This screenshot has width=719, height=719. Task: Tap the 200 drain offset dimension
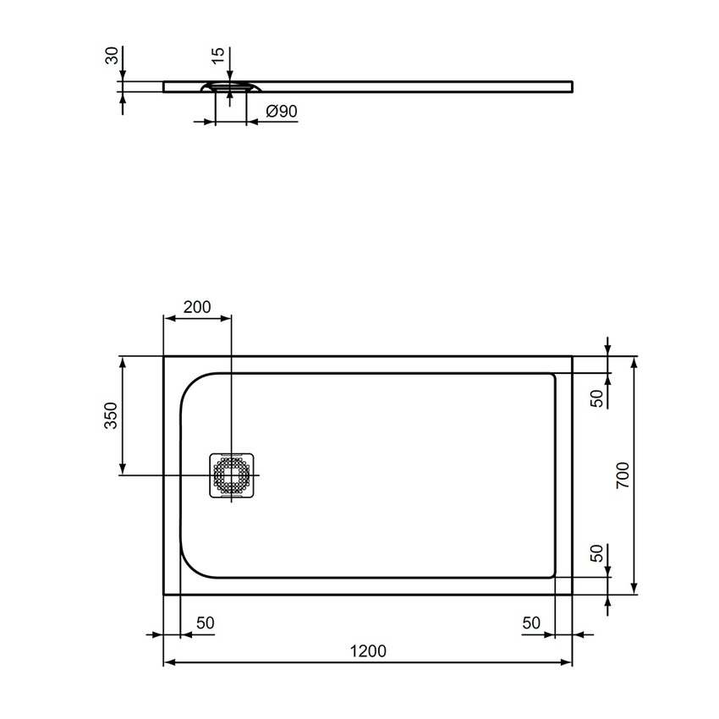pyautogui.click(x=196, y=307)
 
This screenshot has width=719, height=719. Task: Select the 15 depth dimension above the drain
pyautogui.click(x=218, y=56)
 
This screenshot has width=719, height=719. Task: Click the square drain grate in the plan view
pyautogui.click(x=231, y=475)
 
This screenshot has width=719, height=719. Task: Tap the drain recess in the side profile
pyautogui.click(x=231, y=86)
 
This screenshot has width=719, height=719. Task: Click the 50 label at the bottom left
pyautogui.click(x=205, y=623)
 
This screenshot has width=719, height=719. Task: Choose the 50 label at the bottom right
pyautogui.click(x=530, y=623)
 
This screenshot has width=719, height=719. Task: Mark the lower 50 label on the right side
pyautogui.click(x=596, y=554)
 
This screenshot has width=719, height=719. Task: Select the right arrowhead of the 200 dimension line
pyautogui.click(x=226, y=319)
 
